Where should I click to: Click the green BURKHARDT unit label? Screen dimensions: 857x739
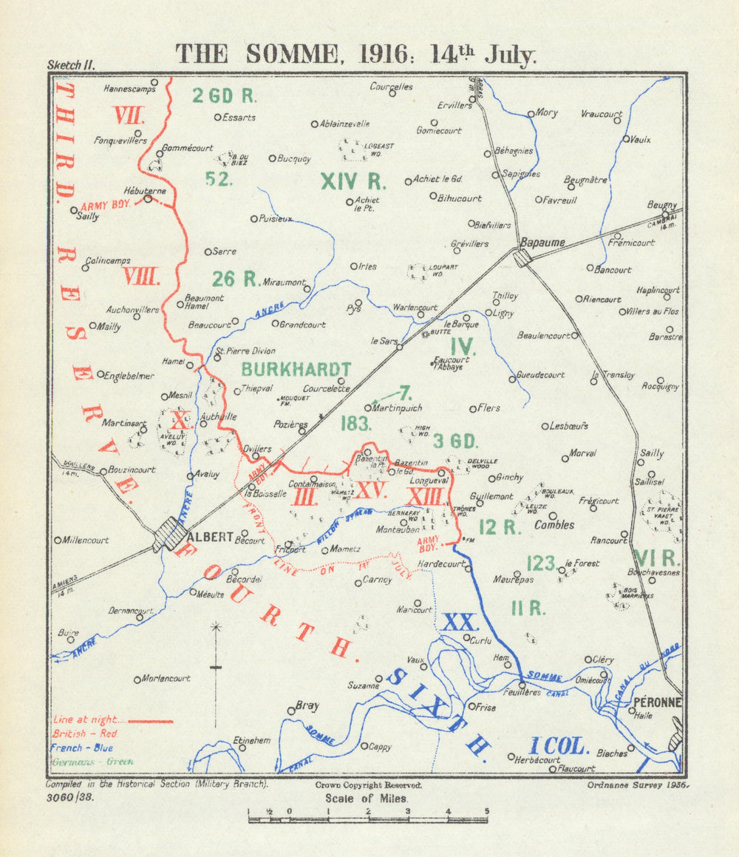coord(296,369)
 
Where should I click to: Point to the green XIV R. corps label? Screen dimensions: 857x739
coord(354,180)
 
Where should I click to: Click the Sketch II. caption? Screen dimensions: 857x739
coord(70,65)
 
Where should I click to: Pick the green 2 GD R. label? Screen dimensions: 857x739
coord(224,95)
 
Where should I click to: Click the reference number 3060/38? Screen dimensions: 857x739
coord(71,797)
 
